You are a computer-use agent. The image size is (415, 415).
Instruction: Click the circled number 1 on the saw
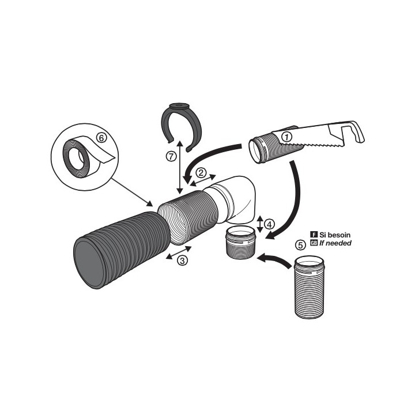(287, 136)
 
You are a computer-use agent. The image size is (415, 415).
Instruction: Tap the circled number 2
(201, 172)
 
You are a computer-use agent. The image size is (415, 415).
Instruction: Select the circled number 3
(182, 260)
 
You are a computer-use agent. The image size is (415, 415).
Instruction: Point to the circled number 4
(269, 224)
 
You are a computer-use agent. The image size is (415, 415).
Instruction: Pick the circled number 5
(300, 244)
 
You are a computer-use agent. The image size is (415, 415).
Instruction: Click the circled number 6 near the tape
(101, 138)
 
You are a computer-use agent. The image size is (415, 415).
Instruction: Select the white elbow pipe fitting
(236, 199)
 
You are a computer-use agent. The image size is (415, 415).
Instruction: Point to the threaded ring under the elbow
(240, 244)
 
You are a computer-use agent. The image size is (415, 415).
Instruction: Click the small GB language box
(314, 243)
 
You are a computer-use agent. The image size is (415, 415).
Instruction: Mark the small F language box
(314, 235)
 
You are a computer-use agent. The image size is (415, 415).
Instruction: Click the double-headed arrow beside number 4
(260, 224)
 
